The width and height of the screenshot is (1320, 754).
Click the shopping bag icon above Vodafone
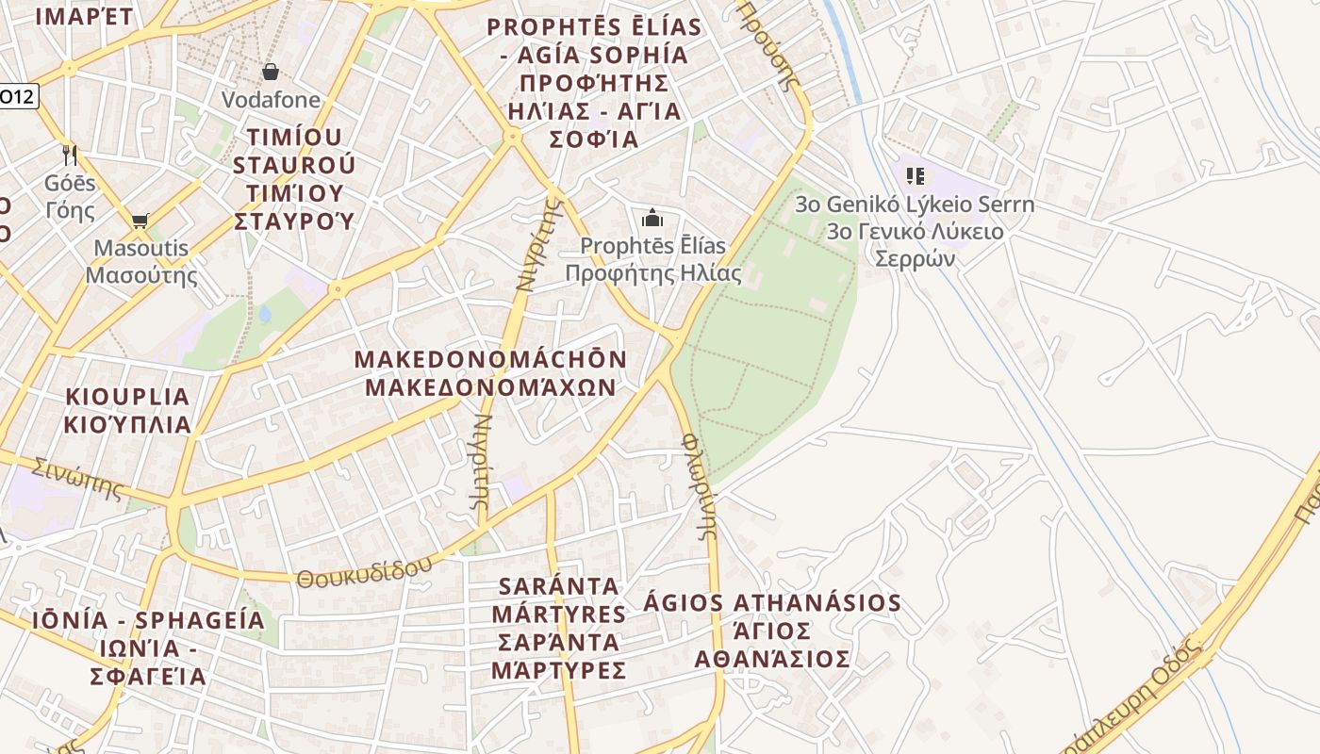pyautogui.click(x=271, y=72)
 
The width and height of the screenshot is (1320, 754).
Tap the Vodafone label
pyautogui.click(x=271, y=99)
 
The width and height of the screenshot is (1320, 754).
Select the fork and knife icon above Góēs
pyautogui.click(x=70, y=155)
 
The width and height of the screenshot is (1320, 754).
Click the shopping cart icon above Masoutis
pyautogui.click(x=140, y=221)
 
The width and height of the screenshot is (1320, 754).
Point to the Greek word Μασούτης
pyautogui.click(x=141, y=275)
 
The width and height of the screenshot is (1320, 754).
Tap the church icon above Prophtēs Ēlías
pyautogui.click(x=652, y=219)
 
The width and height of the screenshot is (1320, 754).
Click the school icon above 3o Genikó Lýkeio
pyautogui.click(x=915, y=175)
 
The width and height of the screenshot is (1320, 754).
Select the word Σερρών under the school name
pyautogui.click(x=915, y=258)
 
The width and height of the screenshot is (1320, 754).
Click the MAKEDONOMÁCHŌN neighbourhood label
pyautogui.click(x=490, y=359)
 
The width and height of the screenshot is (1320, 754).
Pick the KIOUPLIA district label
pyautogui.click(x=127, y=397)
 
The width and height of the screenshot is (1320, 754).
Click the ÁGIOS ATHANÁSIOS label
pyautogui.click(x=772, y=603)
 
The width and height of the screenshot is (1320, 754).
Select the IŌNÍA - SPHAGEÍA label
pyautogui.click(x=148, y=620)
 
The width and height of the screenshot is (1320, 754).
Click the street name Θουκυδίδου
pyautogui.click(x=365, y=571)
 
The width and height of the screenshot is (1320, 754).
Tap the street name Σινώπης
pyautogui.click(x=77, y=478)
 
